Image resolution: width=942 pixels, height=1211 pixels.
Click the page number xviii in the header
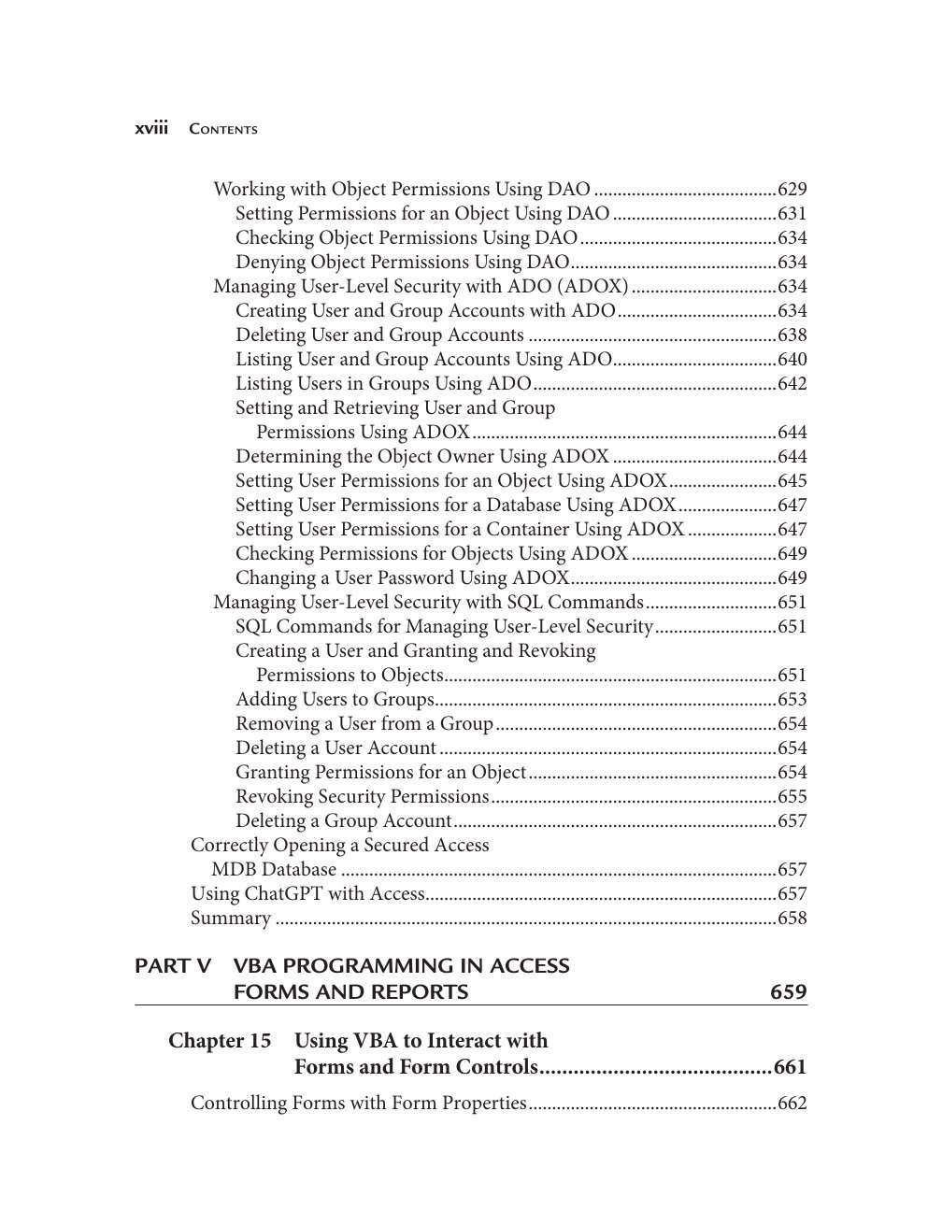(151, 128)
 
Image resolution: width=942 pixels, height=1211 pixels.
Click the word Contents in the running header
(222, 129)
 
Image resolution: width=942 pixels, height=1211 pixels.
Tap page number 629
(792, 190)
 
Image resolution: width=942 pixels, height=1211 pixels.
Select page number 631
(792, 214)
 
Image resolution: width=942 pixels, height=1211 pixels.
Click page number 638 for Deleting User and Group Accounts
(792, 335)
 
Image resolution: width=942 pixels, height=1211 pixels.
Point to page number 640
(792, 360)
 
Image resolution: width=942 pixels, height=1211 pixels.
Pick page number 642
(792, 384)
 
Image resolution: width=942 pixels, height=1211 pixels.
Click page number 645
(792, 481)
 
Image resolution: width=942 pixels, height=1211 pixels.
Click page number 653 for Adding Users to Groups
(792, 700)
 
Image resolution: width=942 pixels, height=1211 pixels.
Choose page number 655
(792, 797)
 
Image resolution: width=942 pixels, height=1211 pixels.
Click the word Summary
(231, 919)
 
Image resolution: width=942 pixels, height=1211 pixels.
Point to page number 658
(792, 919)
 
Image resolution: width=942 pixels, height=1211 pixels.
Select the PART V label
(173, 966)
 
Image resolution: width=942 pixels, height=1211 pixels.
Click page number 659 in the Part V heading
(788, 992)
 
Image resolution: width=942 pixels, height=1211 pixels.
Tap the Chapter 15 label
(220, 1041)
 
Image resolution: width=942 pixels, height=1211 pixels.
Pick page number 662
(792, 1104)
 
